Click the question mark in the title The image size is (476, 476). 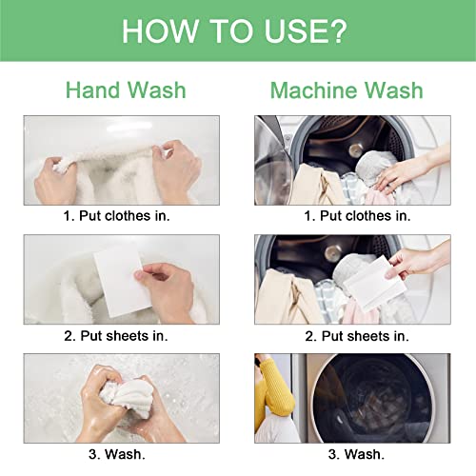click(337, 30)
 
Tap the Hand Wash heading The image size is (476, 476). click(126, 90)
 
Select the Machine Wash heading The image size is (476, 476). click(347, 90)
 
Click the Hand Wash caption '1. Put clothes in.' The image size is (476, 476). click(116, 216)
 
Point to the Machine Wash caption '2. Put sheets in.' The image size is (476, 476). click(357, 336)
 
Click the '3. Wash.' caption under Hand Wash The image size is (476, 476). click(117, 454)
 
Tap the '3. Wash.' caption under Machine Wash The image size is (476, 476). click(356, 454)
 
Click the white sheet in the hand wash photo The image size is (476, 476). click(121, 283)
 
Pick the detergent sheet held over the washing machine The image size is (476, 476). click(374, 284)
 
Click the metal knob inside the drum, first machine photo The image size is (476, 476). click(356, 149)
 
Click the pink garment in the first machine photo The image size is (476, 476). click(379, 197)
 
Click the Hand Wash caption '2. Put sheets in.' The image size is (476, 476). click(116, 336)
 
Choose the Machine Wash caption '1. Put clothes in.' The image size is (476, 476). click(357, 216)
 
